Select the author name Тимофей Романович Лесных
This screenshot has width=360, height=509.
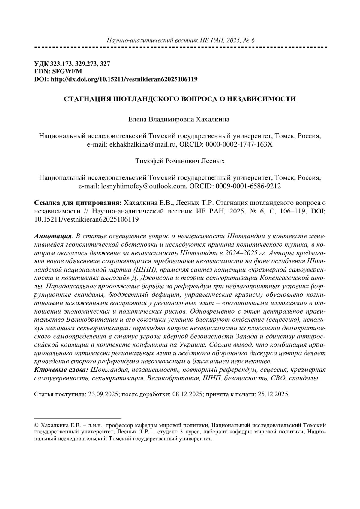180,161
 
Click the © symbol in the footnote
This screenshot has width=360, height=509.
37,425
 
